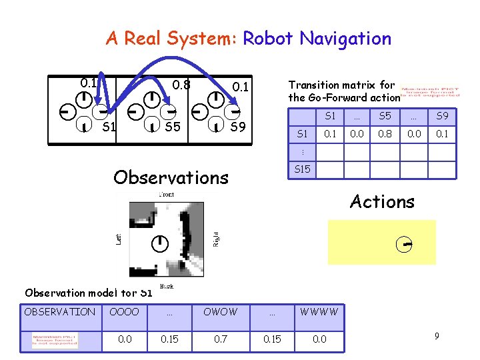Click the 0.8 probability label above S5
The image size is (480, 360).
pos(181,85)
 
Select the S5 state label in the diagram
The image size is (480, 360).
pos(173,126)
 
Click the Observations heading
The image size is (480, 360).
pos(171,177)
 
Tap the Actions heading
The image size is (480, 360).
pos(382,201)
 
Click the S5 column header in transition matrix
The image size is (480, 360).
pos(385,117)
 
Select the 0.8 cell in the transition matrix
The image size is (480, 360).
pos(385,134)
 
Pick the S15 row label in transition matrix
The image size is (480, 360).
pos(302,169)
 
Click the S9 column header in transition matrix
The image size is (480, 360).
pos(442,117)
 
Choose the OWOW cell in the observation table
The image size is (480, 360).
pos(220,311)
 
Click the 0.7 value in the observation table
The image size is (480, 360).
pos(220,339)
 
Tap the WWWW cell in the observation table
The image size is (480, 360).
pos(319,311)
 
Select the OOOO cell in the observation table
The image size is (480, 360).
pos(124,311)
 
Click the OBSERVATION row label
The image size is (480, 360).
pos(60,311)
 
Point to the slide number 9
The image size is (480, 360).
pos(436,336)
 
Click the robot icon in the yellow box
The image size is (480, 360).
pos(401,244)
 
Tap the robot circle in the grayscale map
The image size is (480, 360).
pos(160,244)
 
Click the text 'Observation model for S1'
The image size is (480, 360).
pos(89,293)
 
